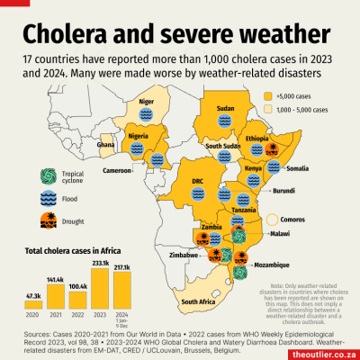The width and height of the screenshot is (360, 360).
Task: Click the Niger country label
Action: tap(147, 103)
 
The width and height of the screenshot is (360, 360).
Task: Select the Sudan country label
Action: tap(226, 110)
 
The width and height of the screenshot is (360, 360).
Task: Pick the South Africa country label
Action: tap(202, 301)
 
